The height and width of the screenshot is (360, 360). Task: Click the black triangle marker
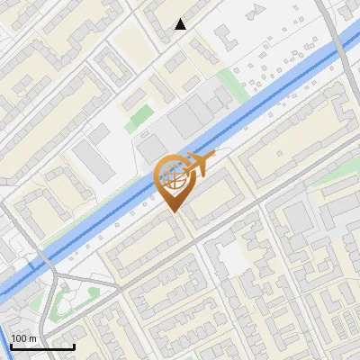click(x=181, y=24)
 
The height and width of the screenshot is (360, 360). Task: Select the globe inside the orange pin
click(x=174, y=176)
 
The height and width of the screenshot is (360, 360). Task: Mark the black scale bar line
click(x=42, y=346)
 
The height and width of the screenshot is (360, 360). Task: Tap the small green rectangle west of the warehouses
click(x=139, y=114)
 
